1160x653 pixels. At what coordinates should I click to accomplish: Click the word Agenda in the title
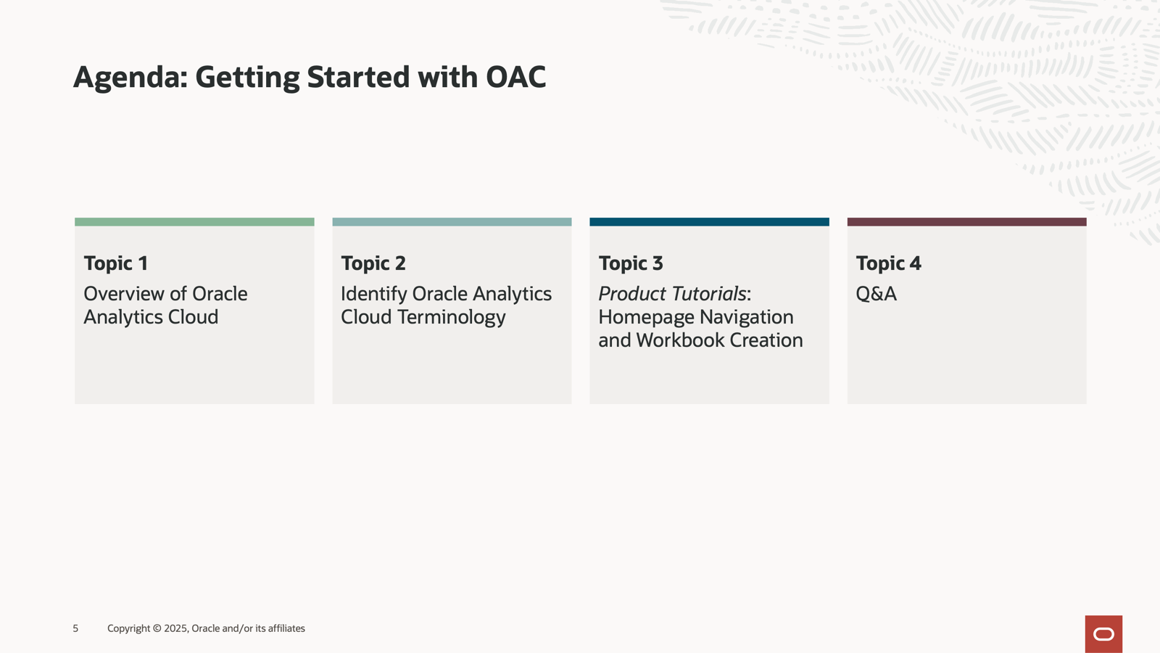[x=130, y=78]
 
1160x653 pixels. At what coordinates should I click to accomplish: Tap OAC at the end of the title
[x=515, y=77]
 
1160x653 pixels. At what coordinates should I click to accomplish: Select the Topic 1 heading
[x=116, y=264]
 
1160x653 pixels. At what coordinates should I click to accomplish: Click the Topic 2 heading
[x=373, y=264]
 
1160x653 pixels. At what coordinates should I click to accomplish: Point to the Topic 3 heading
[x=631, y=264]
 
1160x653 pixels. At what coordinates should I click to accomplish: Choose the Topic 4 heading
[x=889, y=264]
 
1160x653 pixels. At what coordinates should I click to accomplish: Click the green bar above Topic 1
[x=194, y=222]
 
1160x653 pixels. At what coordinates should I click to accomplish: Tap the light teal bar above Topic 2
[x=452, y=222]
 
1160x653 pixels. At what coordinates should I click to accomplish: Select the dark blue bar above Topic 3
[x=710, y=222]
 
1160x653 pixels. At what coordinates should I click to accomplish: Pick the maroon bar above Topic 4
[x=967, y=222]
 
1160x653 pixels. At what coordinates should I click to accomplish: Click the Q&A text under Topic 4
[x=877, y=294]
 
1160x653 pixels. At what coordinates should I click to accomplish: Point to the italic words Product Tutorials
[x=672, y=294]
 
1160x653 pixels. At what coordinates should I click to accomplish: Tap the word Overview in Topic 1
[x=124, y=294]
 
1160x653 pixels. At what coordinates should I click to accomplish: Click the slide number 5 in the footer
[x=75, y=628]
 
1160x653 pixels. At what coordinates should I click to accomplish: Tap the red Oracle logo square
[x=1103, y=634]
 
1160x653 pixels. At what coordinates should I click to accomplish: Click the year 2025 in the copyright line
[x=175, y=628]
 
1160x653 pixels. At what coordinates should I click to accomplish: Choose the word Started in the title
[x=358, y=77]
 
